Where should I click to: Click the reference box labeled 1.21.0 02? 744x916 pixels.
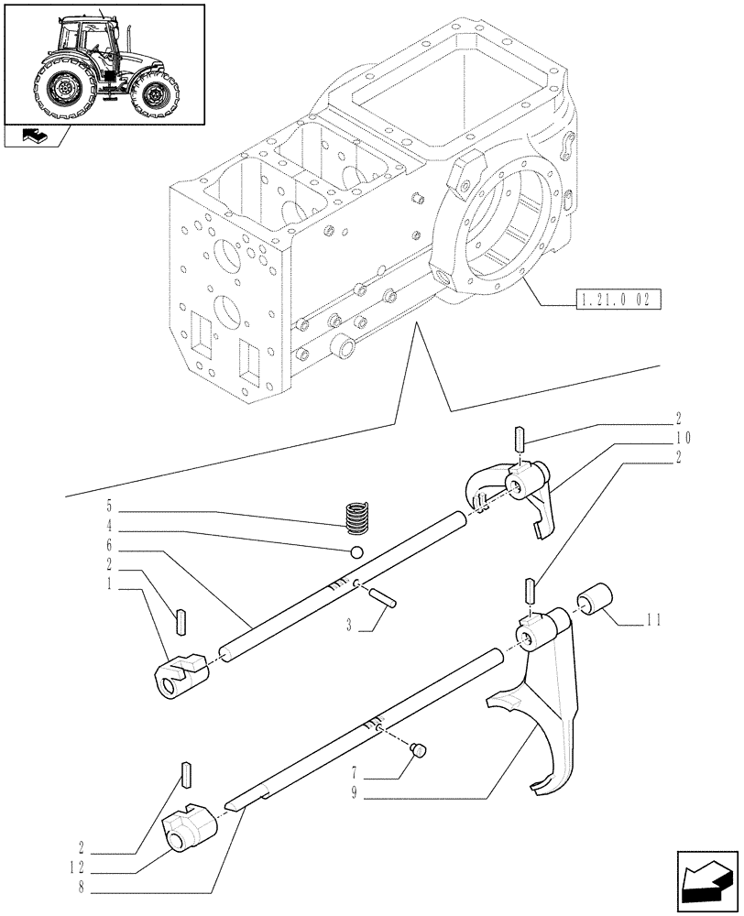tap(619, 300)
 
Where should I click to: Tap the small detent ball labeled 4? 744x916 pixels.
tap(356, 551)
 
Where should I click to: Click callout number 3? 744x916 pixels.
tap(350, 627)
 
